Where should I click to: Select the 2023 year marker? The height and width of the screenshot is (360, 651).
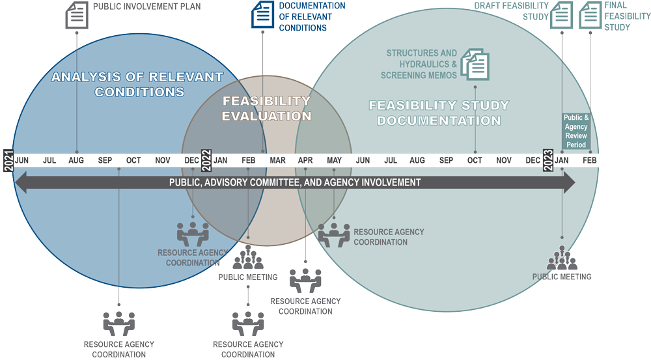point(549,160)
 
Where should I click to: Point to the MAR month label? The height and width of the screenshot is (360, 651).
point(277,160)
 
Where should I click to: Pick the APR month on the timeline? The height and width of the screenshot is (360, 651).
point(305,160)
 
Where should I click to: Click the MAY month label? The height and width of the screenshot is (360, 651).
point(334,160)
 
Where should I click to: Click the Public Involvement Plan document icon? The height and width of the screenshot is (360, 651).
point(77,15)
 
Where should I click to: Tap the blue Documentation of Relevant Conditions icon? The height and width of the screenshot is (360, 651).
point(263,15)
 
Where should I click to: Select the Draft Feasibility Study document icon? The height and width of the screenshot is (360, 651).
point(561,15)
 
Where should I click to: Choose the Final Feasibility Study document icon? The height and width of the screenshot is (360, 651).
point(590,15)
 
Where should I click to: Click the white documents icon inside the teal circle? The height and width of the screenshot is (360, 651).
point(475,65)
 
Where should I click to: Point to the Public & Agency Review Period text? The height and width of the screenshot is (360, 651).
point(576,131)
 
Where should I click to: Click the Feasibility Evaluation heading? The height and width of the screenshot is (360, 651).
point(266,109)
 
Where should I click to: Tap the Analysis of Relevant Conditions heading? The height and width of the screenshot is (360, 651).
point(137,84)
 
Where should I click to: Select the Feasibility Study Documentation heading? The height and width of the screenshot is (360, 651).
point(439,113)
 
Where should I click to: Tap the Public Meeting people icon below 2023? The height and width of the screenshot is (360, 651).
point(561,258)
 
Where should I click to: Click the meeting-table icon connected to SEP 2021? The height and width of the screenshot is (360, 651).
point(118,323)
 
